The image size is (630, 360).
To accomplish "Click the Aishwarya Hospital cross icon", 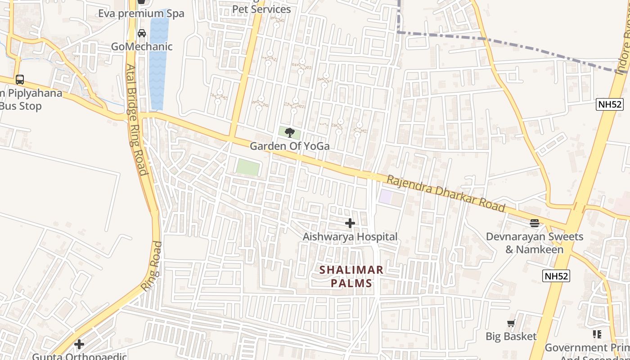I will [350, 223].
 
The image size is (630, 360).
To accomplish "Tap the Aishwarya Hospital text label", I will [350, 237].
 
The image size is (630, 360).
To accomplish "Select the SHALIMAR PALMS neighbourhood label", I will [351, 276].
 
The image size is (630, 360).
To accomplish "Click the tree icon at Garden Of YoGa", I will [290, 132].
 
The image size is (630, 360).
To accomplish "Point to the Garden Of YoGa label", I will [289, 146].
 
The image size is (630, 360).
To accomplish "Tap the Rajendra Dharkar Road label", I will [445, 193].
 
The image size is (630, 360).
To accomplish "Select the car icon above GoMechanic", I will [141, 33].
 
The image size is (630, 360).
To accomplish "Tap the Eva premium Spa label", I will [141, 13].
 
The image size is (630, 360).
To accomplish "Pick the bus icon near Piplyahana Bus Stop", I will [20, 80].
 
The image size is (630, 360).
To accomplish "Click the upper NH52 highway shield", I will [610, 105].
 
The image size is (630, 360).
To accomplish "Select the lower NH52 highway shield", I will [556, 276].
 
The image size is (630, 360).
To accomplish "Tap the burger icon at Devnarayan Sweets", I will [535, 223].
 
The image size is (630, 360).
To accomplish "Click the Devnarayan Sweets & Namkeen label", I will [535, 243].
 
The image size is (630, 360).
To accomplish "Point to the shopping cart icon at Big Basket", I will [511, 323].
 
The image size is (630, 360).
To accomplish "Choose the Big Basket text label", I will [511, 336].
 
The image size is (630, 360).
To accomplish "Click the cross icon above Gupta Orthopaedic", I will [79, 344].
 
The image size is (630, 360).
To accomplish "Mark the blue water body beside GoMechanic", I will [158, 63].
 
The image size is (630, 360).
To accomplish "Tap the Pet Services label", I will [261, 9].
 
